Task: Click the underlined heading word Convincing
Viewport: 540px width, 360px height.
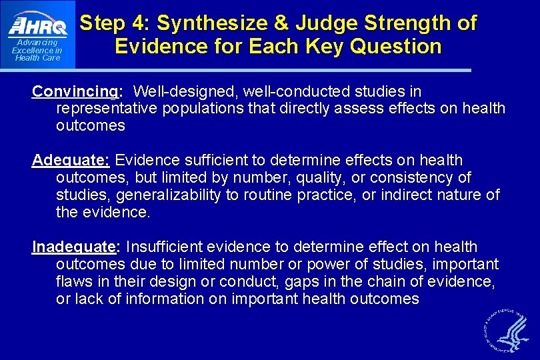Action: pyautogui.click(x=75, y=91)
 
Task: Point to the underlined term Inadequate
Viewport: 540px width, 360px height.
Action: pyautogui.click(x=74, y=247)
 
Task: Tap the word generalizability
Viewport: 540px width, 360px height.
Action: pyautogui.click(x=165, y=195)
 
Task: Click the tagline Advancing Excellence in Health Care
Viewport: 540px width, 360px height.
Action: pyautogui.click(x=37, y=51)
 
